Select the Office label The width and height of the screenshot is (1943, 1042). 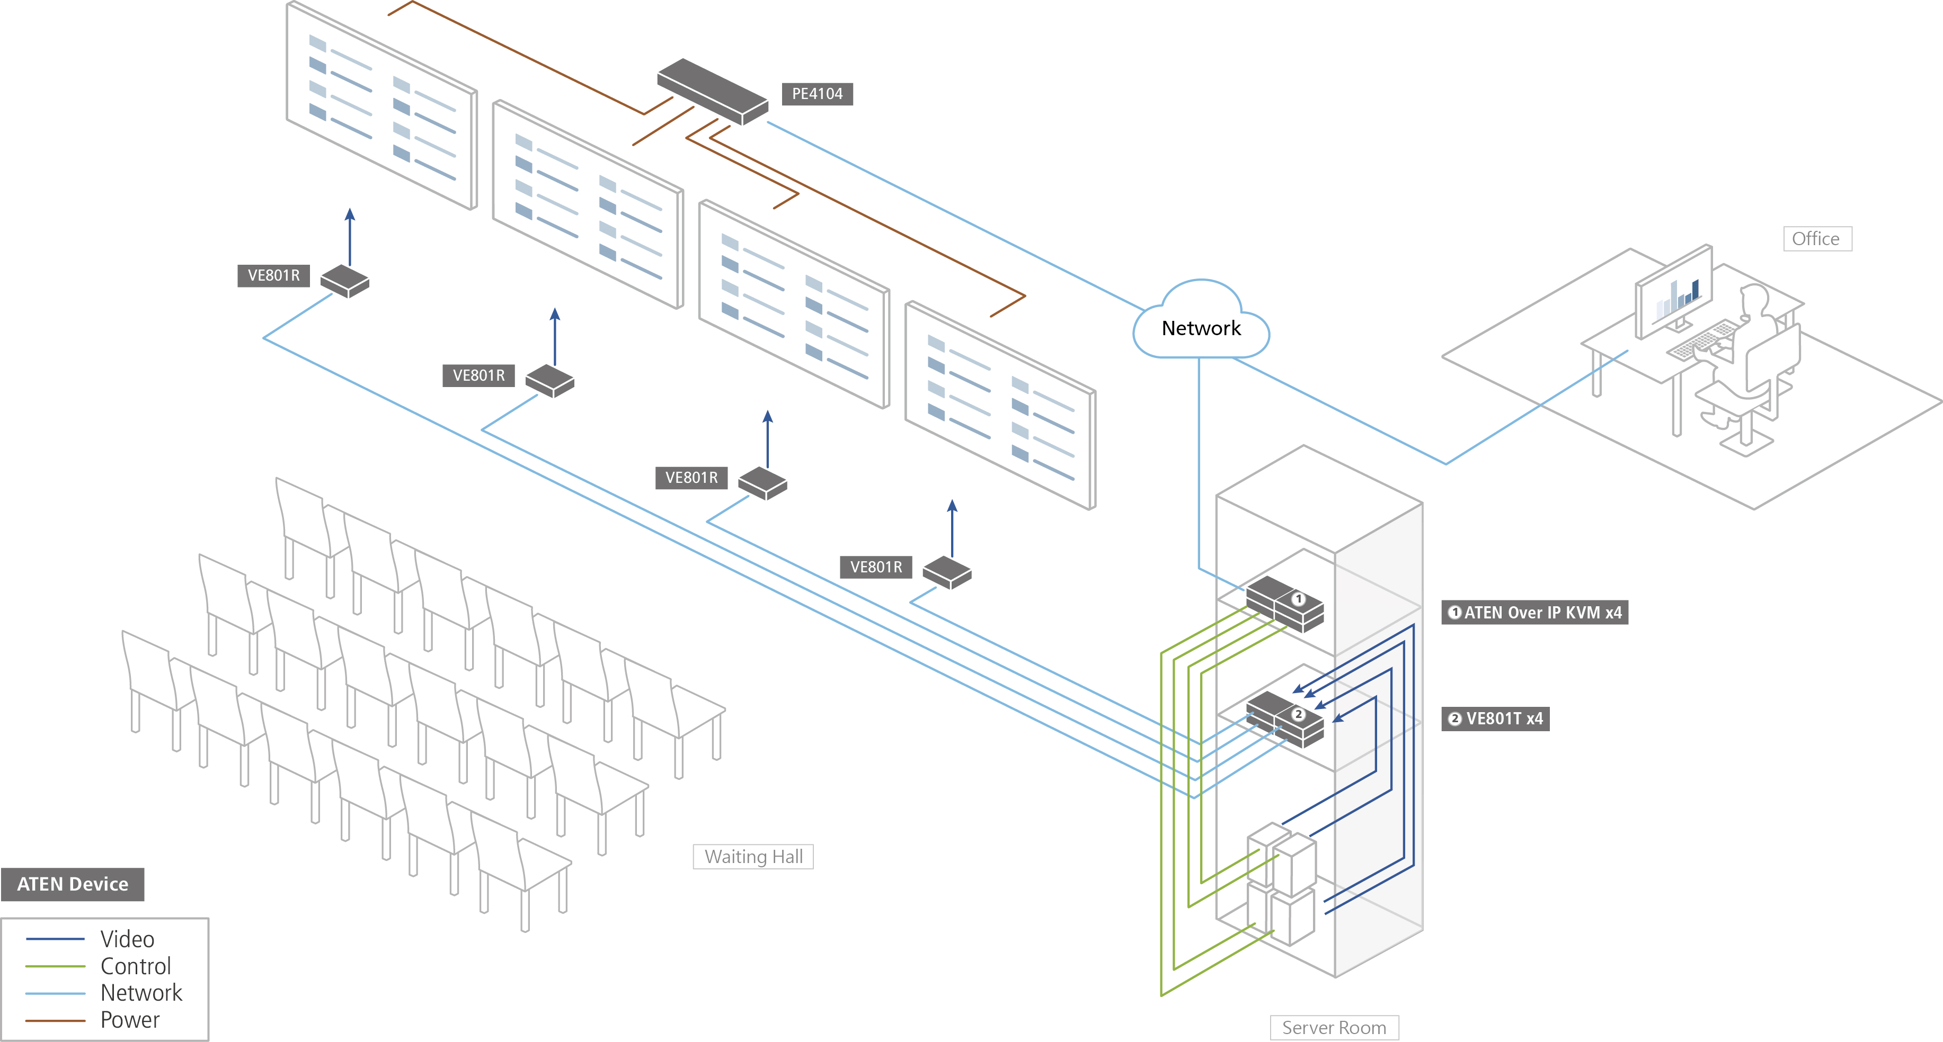tap(1816, 239)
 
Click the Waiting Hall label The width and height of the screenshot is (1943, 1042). tap(753, 857)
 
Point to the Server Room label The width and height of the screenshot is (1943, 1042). tap(1334, 1028)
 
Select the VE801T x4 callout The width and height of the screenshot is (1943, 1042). tap(1496, 718)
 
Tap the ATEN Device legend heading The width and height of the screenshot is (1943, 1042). tap(73, 884)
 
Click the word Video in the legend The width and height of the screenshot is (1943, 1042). tap(128, 939)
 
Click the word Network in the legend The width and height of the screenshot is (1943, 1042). tap(141, 993)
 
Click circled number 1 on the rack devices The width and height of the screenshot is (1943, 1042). tap(1298, 599)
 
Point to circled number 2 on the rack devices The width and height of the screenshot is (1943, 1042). tap(1298, 714)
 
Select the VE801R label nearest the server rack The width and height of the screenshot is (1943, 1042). tap(876, 567)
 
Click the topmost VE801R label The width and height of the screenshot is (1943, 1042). tap(273, 275)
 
